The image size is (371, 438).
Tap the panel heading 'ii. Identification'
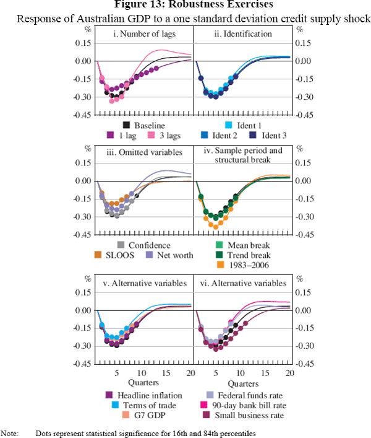click(242, 33)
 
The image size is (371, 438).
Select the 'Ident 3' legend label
click(271, 134)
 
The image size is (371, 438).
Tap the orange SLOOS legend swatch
click(97, 255)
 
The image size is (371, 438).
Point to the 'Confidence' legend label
click(150, 246)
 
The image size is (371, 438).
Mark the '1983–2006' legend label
click(260, 265)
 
